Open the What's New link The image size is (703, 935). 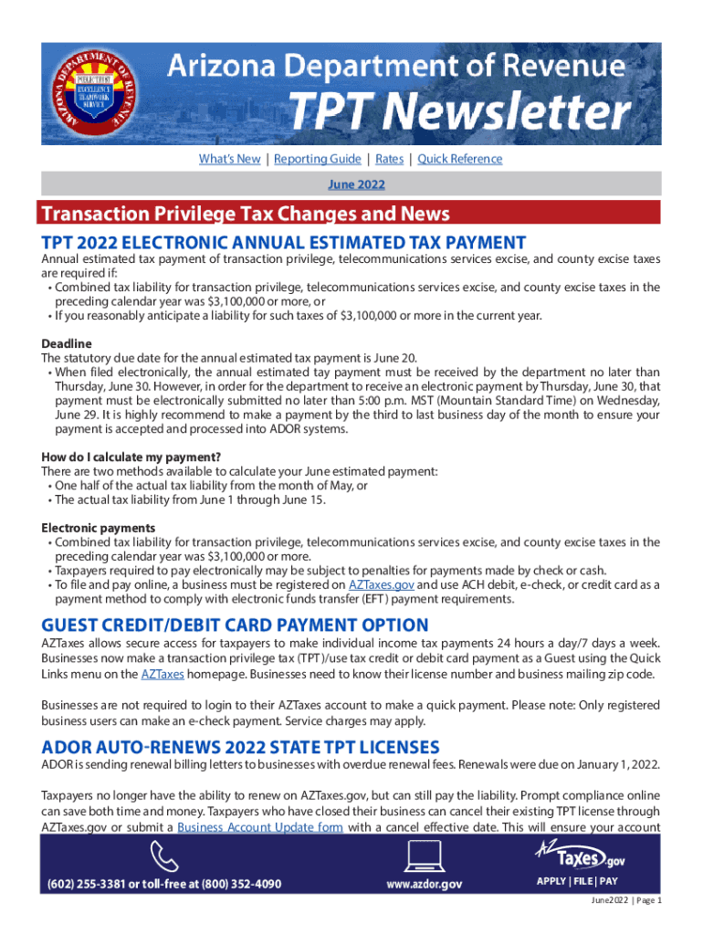[229, 159]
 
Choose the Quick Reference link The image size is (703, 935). [460, 159]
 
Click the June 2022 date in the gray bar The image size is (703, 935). [356, 184]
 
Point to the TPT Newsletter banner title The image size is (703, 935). [459, 113]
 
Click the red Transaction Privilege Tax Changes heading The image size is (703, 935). [245, 214]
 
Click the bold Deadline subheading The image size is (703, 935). [67, 343]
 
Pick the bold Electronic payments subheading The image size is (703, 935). [98, 528]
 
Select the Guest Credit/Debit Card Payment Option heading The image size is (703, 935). [235, 625]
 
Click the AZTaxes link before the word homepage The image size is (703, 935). [163, 674]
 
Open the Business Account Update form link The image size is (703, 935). [260, 827]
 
